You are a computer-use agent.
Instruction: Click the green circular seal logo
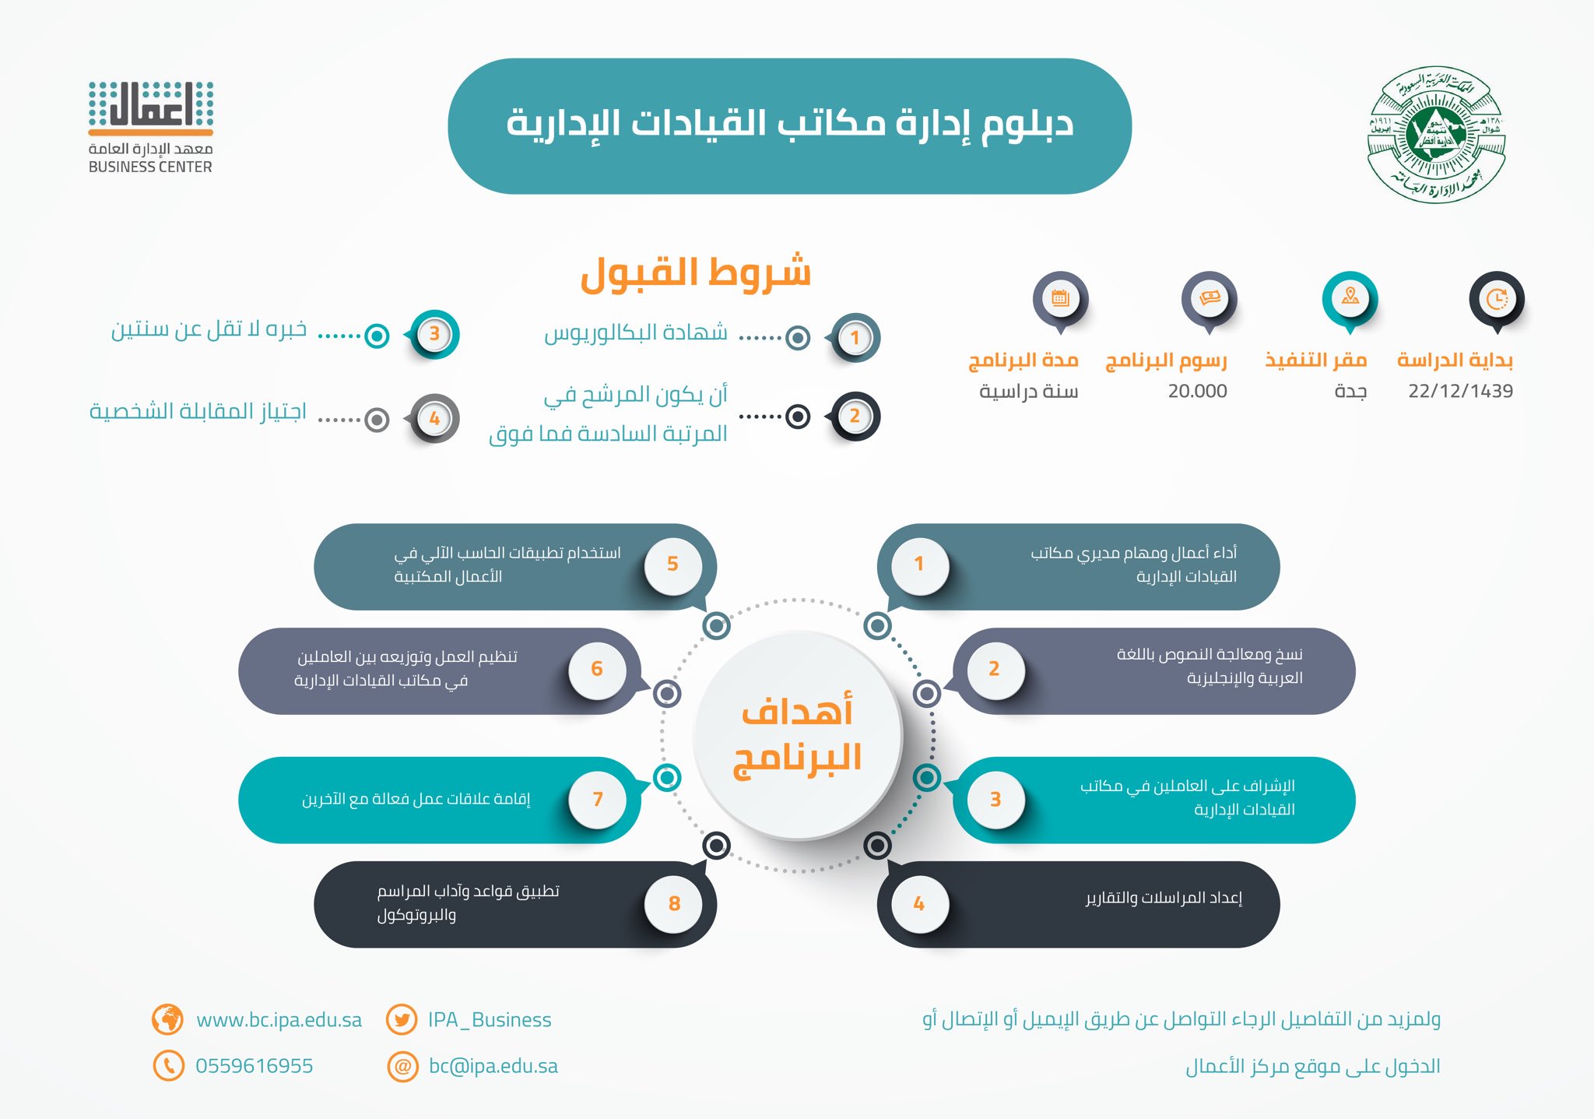pos(1436,134)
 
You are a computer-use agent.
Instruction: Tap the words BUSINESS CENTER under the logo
pos(150,167)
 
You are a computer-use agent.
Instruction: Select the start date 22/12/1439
pos(1460,391)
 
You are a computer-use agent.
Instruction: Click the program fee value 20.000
pos(1197,391)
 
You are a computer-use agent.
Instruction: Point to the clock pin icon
pos(1496,298)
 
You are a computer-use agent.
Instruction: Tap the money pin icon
pos(1209,298)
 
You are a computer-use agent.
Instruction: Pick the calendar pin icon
pos(1060,298)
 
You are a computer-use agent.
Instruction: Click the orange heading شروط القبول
pos(696,273)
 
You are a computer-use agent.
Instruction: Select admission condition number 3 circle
pos(434,334)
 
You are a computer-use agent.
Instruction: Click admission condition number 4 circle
pos(434,418)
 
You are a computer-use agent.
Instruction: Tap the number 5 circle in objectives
pos(673,564)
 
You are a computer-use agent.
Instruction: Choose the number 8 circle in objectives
pos(674,903)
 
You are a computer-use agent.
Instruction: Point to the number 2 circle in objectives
pos(994,669)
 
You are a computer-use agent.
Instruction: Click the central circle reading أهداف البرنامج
pos(797,735)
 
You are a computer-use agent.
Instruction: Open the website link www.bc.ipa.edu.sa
pos(279,1019)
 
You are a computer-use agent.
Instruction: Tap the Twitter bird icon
pos(402,1019)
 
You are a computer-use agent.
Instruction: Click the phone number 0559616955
pos(254,1066)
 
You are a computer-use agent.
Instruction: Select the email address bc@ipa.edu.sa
pos(493,1066)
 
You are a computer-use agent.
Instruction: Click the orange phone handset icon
pos(168,1065)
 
